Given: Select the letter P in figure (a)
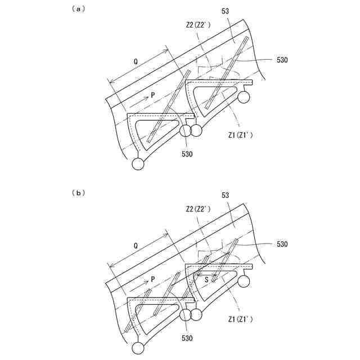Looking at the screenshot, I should [x=152, y=96].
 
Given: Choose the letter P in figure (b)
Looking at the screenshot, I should [x=152, y=280].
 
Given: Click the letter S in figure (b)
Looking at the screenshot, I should [x=207, y=277].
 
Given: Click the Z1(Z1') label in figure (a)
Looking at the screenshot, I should [x=241, y=135].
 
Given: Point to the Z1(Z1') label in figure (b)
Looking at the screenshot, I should [x=241, y=319].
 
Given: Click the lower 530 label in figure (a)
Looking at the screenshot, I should [x=187, y=154].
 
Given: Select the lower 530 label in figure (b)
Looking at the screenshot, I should [x=187, y=338].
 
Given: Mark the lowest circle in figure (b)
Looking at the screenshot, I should [x=138, y=348].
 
